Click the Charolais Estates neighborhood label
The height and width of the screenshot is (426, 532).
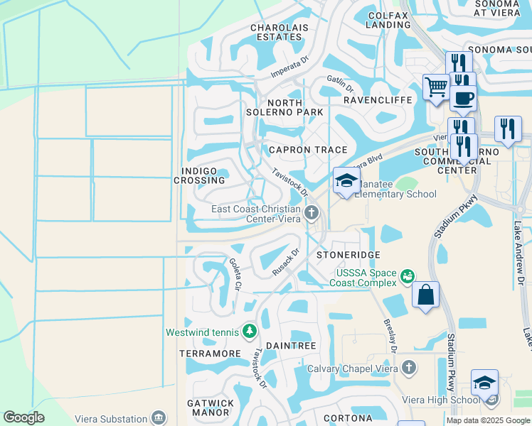[277, 33]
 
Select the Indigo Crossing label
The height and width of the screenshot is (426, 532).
[199, 175]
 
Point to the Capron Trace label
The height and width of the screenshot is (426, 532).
[307, 150]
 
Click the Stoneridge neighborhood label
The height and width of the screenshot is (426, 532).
[349, 254]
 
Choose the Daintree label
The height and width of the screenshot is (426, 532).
[290, 345]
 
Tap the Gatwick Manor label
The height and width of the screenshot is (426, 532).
[211, 408]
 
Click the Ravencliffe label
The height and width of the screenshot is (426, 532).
[378, 100]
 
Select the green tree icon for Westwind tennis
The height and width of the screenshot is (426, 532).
[250, 331]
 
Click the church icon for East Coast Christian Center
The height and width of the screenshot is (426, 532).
[312, 212]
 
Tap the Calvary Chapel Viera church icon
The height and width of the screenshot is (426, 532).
[408, 367]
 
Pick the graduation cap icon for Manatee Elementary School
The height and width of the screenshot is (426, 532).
[346, 180]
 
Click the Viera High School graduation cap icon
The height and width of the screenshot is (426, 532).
[484, 383]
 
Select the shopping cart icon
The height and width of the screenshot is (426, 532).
[435, 87]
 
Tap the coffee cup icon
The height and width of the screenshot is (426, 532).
[463, 97]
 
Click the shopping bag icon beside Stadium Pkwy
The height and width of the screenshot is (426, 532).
[425, 295]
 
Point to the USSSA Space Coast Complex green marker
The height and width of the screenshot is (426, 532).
[408, 275]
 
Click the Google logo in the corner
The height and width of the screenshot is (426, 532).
[23, 417]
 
